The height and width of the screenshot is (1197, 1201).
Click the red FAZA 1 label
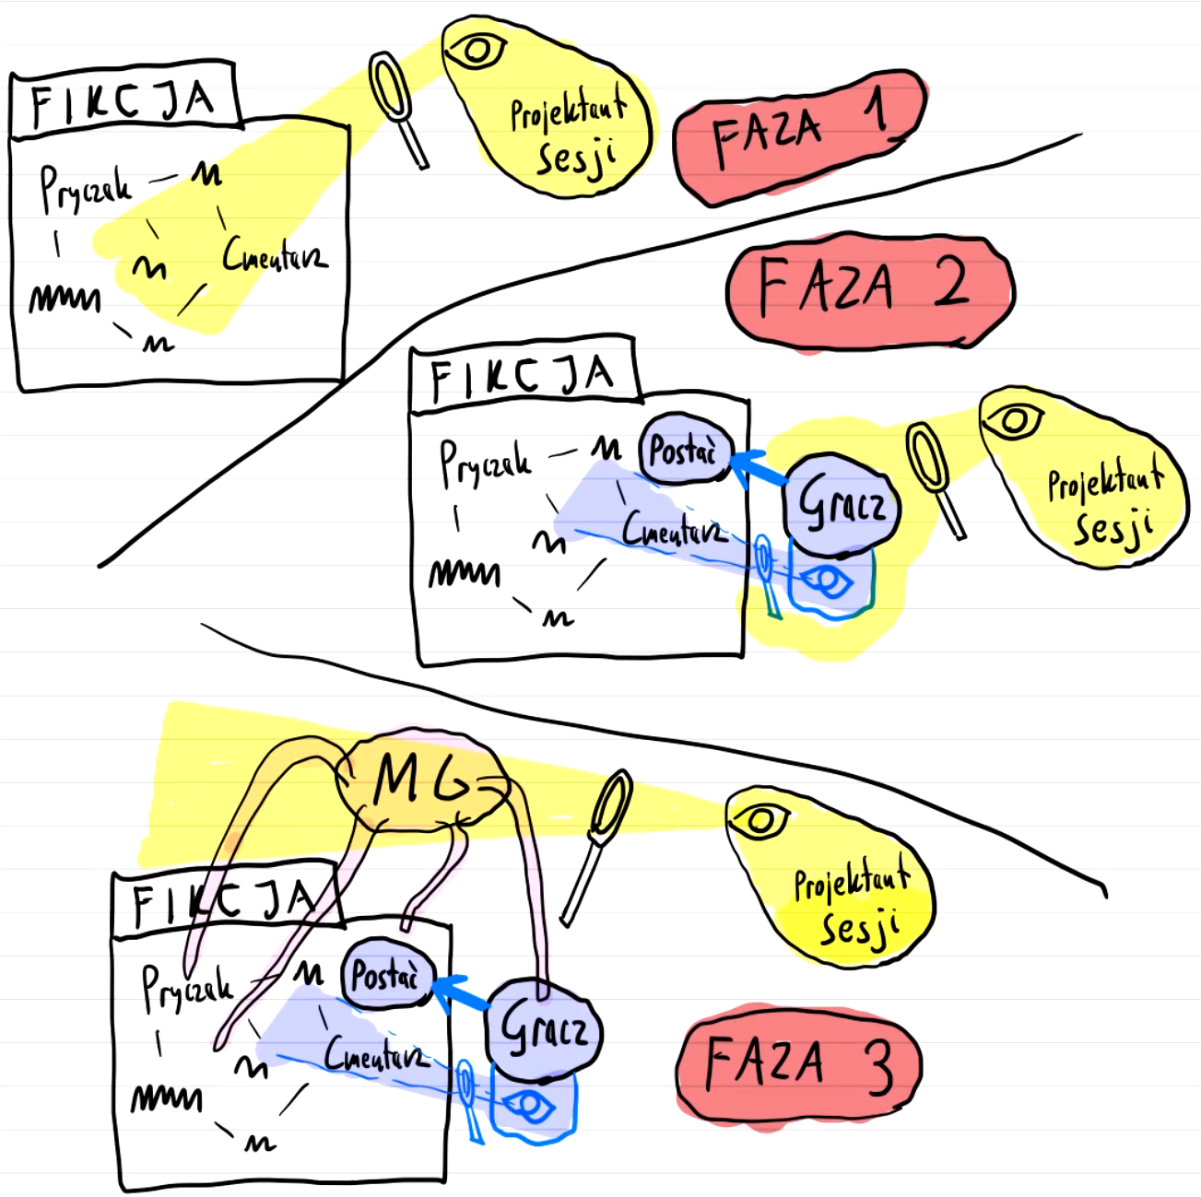point(798,136)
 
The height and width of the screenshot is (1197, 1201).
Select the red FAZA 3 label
point(798,1065)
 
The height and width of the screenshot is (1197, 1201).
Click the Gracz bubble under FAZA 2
point(842,505)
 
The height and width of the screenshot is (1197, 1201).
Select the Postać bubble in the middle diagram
point(685,451)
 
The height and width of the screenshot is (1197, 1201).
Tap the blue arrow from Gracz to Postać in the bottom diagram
point(460,993)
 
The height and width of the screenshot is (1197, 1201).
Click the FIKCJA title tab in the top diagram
point(124,100)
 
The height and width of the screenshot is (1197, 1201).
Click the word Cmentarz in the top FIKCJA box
point(274,255)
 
